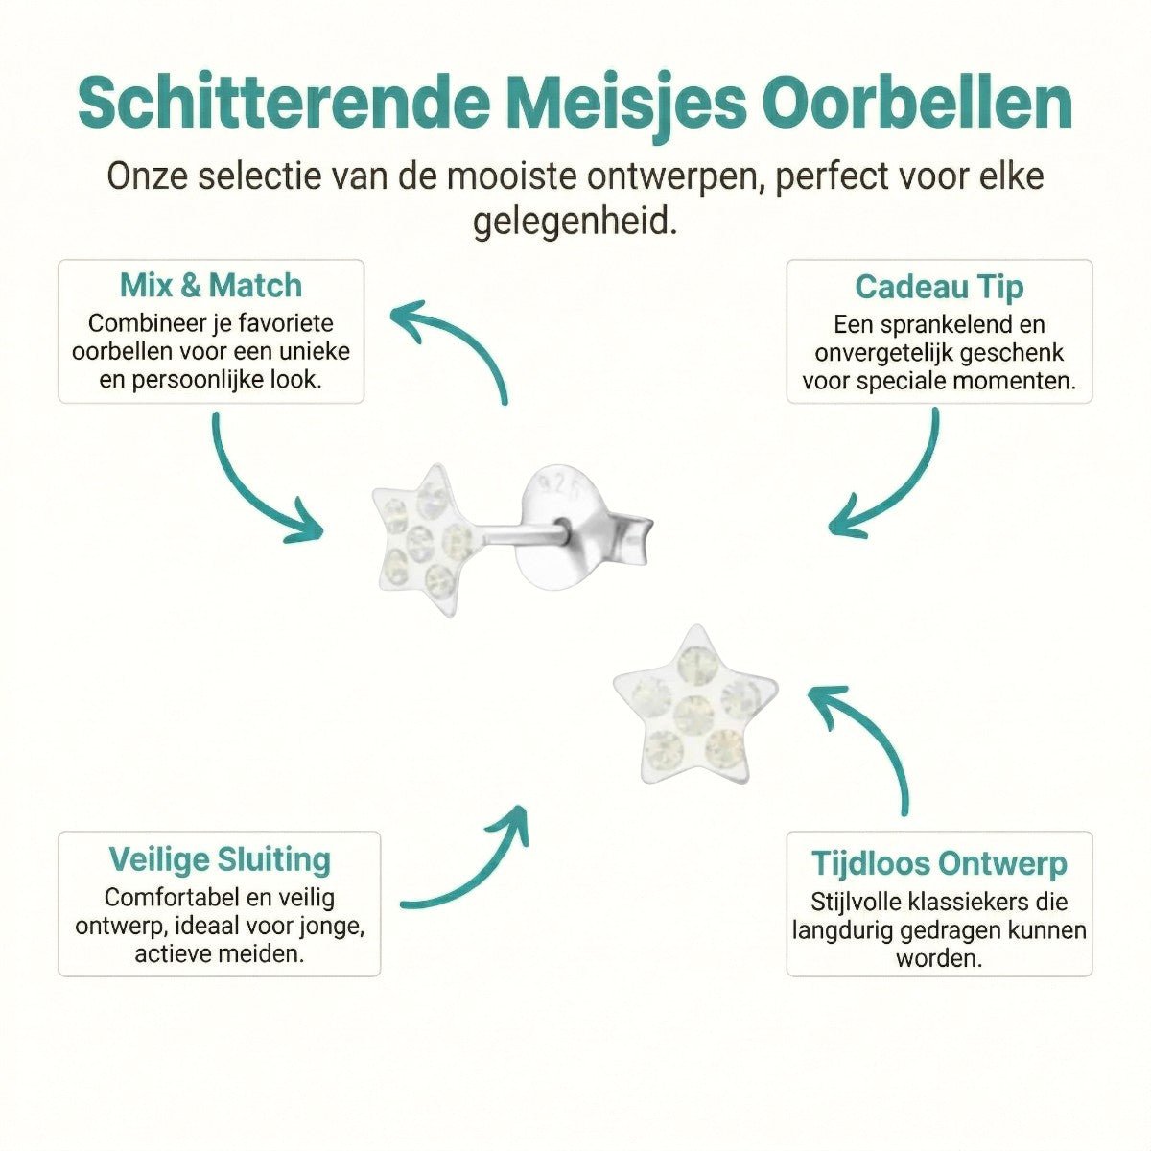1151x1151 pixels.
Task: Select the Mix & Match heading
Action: tap(211, 285)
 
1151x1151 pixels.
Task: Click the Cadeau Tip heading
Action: tap(939, 287)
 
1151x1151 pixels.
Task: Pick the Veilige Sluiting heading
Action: tap(220, 859)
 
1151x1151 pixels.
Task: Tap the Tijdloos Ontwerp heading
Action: tap(939, 863)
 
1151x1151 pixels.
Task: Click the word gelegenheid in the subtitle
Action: tap(575, 223)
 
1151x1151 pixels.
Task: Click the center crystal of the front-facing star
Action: tap(693, 711)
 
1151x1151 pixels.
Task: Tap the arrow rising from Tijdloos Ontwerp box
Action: tap(868, 743)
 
